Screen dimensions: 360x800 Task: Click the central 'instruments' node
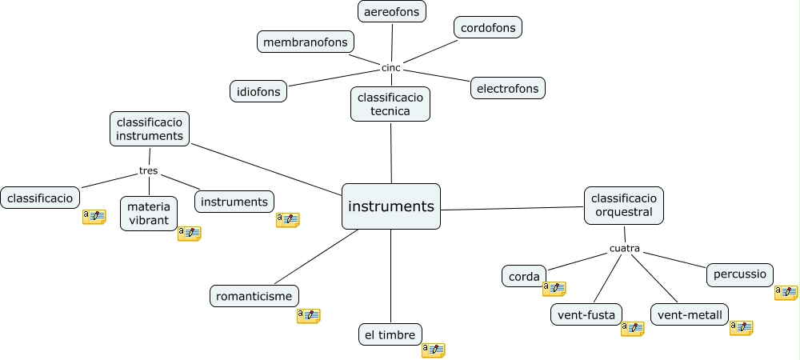[391, 206]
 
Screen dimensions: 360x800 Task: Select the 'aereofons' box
[392, 12]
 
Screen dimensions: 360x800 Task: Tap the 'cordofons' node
[488, 28]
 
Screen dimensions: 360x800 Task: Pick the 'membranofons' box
[306, 42]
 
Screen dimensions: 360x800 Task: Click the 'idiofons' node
[258, 91]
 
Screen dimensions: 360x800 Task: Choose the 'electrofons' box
[508, 88]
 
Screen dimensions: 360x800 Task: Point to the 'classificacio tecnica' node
[390, 104]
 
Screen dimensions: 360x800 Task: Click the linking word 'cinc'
[391, 67]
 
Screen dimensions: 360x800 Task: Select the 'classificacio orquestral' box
[624, 205]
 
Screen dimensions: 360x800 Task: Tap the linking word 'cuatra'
[625, 248]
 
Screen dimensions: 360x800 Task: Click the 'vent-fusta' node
[587, 315]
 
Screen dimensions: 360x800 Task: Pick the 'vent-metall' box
[690, 315]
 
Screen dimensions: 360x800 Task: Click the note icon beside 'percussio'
[786, 293]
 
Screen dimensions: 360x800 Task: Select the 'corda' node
[524, 276]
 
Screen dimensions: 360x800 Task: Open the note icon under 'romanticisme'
[308, 316]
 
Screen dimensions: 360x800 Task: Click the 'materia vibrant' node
[149, 214]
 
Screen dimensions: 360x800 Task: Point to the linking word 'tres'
[148, 170]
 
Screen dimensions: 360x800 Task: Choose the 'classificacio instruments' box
[150, 129]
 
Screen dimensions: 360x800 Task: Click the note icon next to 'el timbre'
[433, 350]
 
